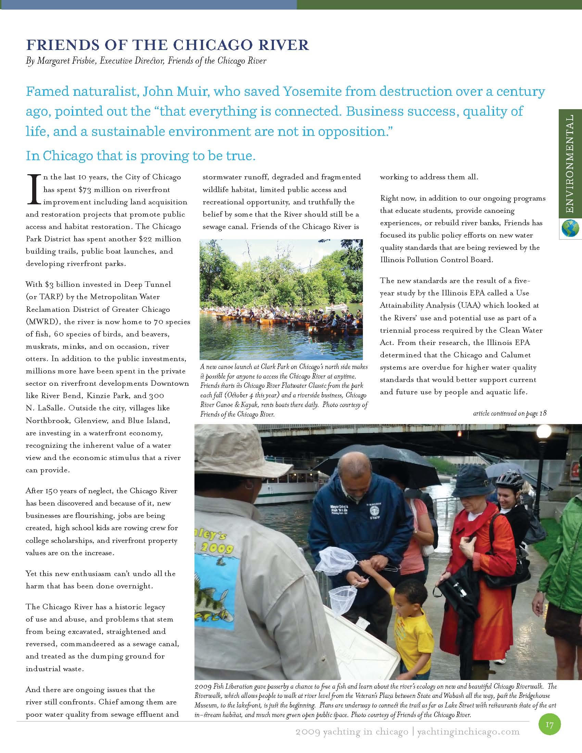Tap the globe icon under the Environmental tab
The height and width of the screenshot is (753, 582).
[x=570, y=229]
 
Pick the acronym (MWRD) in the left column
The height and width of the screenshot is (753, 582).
[x=43, y=322]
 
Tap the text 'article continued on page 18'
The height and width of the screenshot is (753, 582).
[x=510, y=413]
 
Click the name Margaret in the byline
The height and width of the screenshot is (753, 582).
[x=53, y=61]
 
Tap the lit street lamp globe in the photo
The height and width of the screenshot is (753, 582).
[x=544, y=432]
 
